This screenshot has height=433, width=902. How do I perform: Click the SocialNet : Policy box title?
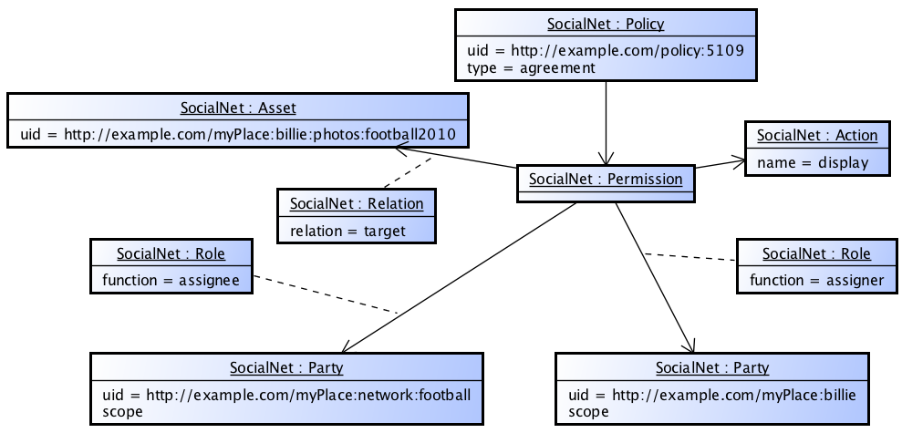coord(606,24)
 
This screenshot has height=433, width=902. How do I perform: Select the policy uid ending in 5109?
coord(606,51)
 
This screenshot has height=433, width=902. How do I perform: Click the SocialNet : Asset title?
coord(238,108)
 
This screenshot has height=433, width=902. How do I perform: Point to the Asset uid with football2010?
coord(237,135)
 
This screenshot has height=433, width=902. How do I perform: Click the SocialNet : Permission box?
coord(606,180)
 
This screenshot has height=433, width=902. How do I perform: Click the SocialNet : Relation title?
coord(357,203)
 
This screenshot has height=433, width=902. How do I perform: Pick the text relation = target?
coord(348,231)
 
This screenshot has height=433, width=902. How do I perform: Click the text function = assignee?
coord(171,280)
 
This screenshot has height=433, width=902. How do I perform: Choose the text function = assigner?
coord(816,280)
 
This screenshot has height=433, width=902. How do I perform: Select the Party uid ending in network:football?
coord(286,395)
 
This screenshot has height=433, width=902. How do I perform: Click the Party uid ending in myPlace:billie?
coord(713,395)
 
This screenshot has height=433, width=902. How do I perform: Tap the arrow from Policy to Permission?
coord(606,119)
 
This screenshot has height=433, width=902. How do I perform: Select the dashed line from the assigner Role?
coord(690,256)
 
